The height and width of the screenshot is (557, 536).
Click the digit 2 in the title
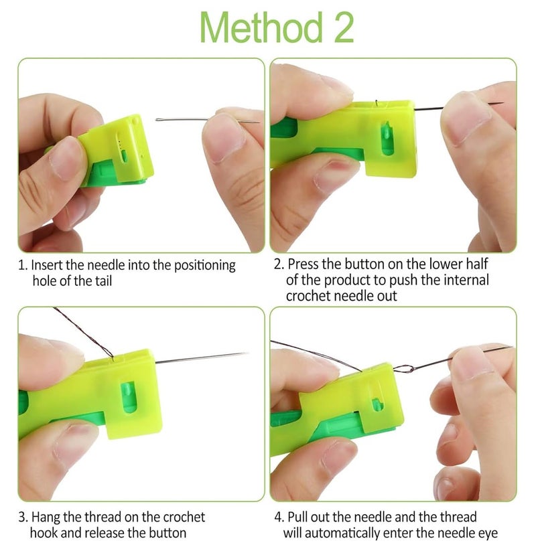(x=340, y=28)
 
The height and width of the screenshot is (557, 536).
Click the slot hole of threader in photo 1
(x=123, y=156)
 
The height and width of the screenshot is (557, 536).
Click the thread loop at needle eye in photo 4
(x=404, y=367)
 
